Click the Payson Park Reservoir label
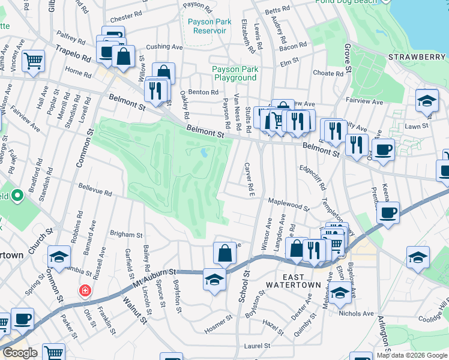(x=209, y=26)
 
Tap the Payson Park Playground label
(x=235, y=73)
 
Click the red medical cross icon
(x=86, y=291)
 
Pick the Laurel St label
(x=258, y=346)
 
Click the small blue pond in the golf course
(x=205, y=152)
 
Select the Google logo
(x=20, y=353)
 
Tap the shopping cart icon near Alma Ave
(x=34, y=61)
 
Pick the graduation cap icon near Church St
(x=59, y=257)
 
